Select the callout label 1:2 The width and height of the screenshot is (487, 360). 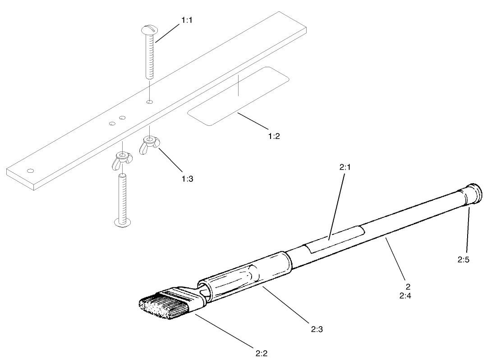(273, 136)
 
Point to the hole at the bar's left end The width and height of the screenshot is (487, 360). (30, 171)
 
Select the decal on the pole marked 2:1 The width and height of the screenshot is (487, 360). (334, 238)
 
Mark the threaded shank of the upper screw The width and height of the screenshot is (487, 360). (149, 59)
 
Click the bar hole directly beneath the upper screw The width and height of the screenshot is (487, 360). (150, 102)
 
